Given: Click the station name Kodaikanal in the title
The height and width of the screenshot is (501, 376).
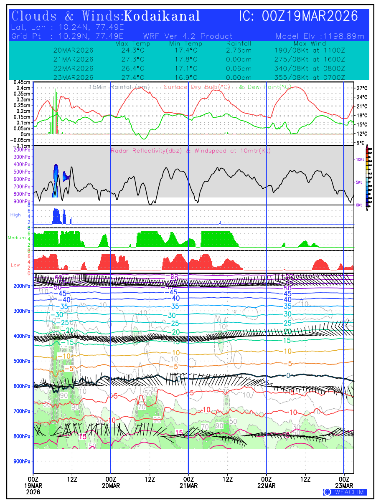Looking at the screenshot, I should coord(162,16).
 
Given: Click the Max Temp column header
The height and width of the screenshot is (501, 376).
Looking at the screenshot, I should coord(130,43).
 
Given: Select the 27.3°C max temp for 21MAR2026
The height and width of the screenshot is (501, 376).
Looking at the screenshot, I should coord(130,59).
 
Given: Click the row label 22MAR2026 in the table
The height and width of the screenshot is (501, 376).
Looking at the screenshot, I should coord(74,68).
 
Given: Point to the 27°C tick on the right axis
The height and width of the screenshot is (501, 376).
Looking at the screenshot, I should coord(362,88).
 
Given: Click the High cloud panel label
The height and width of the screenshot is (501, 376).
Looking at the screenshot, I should coord(15,215).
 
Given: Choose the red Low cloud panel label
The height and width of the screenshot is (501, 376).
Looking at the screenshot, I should coord(15,265).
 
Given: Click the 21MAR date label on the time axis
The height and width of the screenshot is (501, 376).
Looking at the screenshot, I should coord(188,486).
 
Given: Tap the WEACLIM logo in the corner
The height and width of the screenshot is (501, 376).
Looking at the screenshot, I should coord(345,492).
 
